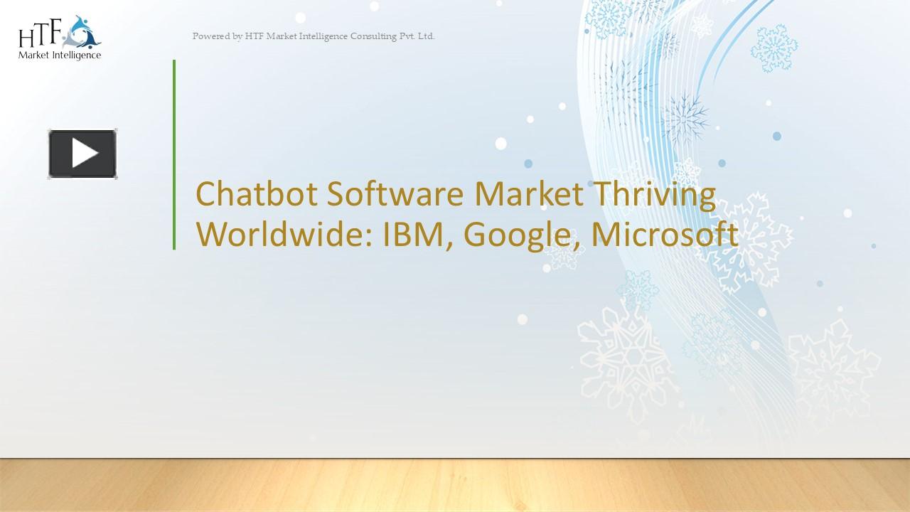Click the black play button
[x=83, y=154]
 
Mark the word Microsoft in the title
[x=664, y=235]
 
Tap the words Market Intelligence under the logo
[x=60, y=55]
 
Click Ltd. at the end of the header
[x=426, y=36]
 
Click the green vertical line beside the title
[x=174, y=154]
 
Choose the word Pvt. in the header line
[x=407, y=36]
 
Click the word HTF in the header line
[x=254, y=36]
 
